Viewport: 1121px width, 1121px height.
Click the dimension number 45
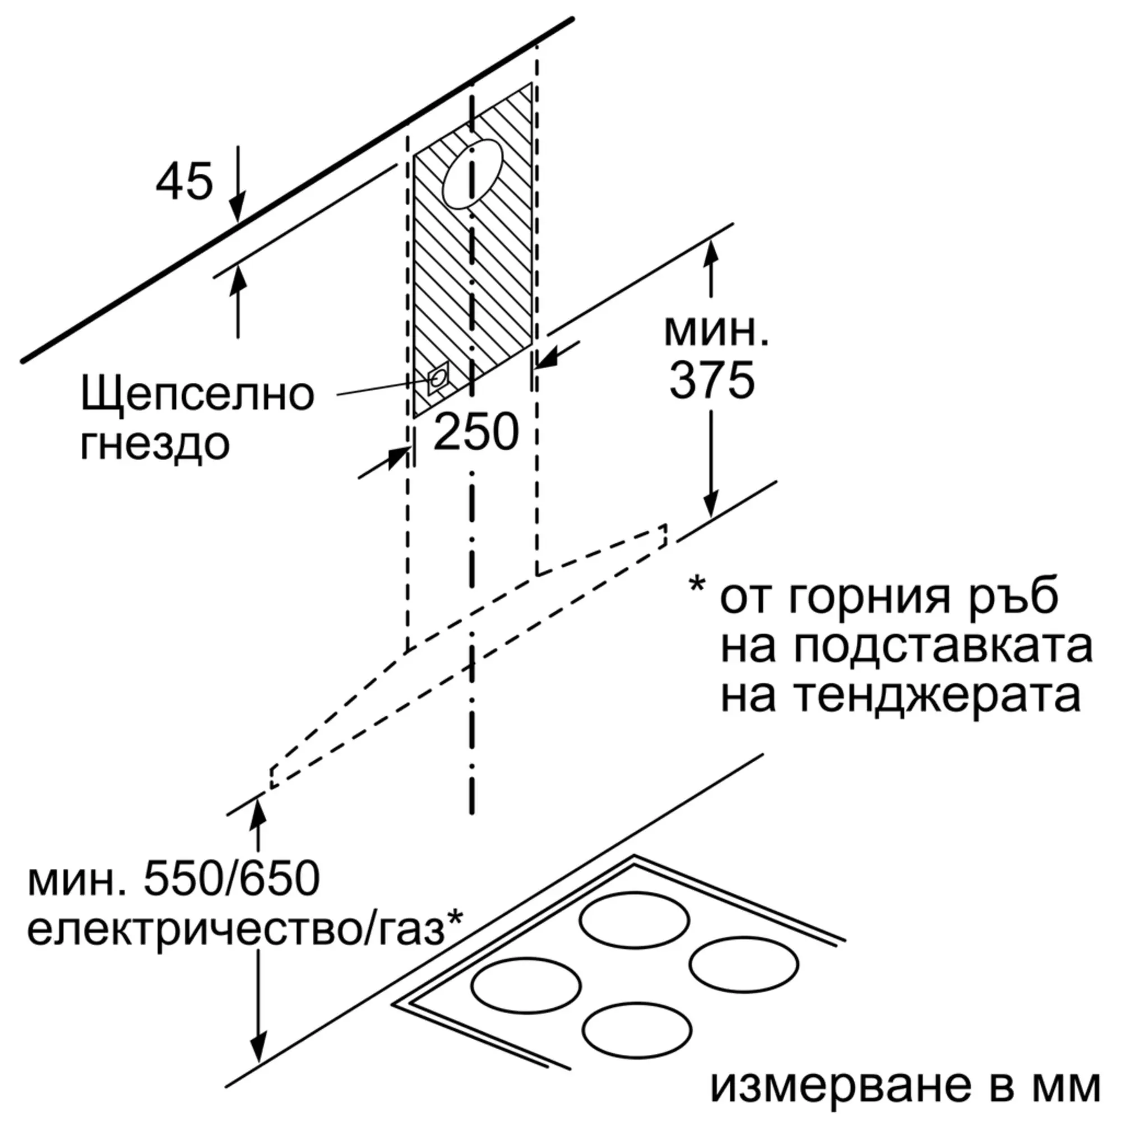pyautogui.click(x=184, y=181)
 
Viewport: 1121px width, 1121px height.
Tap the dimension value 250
pyautogui.click(x=476, y=432)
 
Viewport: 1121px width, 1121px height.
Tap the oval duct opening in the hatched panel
pyautogui.click(x=472, y=174)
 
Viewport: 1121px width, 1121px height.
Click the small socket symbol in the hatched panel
pyautogui.click(x=438, y=379)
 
